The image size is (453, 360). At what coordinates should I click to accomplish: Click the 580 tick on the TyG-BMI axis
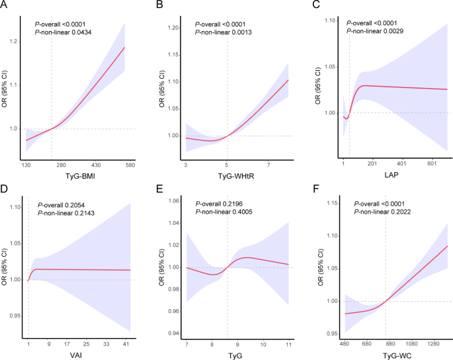pyautogui.click(x=130, y=164)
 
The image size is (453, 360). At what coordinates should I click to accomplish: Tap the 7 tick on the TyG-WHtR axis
pyautogui.click(x=269, y=164)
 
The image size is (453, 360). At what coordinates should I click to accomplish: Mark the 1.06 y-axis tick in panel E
pyautogui.click(x=173, y=201)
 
